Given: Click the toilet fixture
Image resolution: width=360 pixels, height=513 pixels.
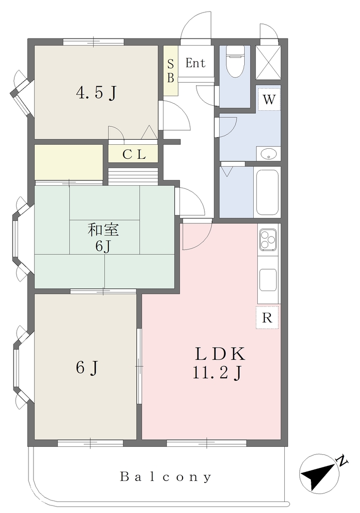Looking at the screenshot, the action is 235,61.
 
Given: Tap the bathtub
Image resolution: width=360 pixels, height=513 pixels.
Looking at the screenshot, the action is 267,192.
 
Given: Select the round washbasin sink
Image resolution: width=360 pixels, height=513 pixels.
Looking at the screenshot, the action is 268,154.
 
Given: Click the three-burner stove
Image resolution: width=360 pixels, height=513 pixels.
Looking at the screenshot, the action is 268,239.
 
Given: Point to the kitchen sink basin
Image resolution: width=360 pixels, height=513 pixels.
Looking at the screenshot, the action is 268,280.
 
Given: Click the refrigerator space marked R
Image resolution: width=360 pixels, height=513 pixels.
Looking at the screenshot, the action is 267,317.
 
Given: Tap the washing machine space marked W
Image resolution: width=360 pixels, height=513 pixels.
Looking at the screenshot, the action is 269,99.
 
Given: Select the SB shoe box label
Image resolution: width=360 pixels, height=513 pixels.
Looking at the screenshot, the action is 170,71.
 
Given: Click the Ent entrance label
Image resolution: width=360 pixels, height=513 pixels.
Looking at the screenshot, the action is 196,63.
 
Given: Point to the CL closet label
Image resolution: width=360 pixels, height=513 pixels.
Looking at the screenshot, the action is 134,154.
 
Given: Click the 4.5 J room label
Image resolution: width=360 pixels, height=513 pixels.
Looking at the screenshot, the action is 96,93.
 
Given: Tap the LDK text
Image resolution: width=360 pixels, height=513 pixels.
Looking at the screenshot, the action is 220,354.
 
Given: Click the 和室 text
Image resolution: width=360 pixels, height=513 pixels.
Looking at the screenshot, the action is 103,229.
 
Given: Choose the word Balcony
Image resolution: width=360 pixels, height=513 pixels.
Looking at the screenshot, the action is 165,476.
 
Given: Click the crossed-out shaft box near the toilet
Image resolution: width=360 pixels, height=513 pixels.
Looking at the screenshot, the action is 268,62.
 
